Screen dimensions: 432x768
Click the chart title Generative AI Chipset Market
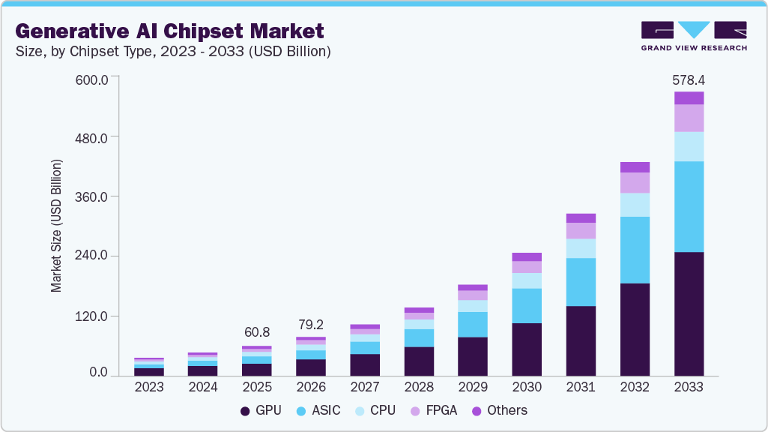(169, 31)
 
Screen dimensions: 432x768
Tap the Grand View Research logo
(693, 35)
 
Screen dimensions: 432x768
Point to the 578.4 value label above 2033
(689, 79)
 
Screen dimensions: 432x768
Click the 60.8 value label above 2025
(257, 332)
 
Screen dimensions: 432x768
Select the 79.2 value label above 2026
(311, 324)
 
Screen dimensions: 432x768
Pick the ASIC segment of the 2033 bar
(689, 206)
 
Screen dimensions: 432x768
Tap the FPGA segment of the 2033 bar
(689, 118)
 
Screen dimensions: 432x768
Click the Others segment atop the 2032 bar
(635, 167)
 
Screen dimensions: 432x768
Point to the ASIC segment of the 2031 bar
(581, 282)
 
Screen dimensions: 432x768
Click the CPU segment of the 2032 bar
(635, 205)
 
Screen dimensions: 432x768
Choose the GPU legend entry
(263, 410)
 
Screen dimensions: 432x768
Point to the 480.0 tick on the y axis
(94, 138)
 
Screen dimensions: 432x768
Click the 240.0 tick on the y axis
(94, 256)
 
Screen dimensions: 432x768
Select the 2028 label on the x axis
(419, 387)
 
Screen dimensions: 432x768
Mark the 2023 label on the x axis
(149, 387)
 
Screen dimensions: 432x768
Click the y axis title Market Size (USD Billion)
(56, 226)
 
